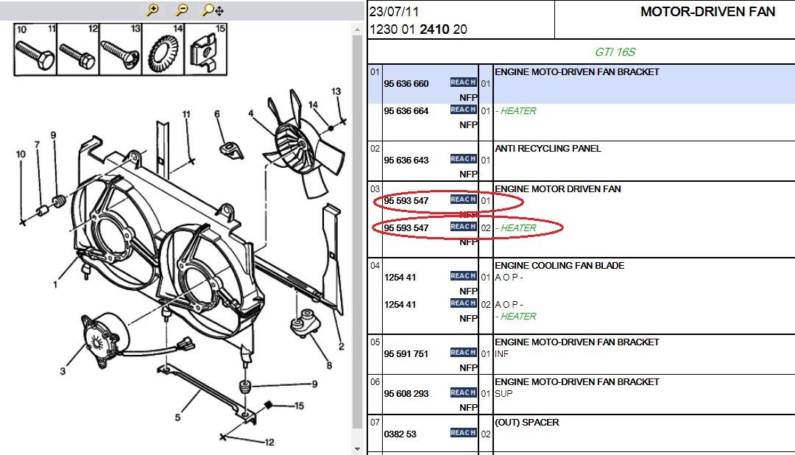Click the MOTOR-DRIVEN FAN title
tap(708, 12)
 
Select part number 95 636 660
tap(406, 84)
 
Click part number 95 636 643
tap(406, 161)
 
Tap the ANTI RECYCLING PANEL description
tap(548, 149)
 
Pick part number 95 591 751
tap(406, 354)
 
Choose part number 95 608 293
tap(406, 394)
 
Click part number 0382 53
tap(400, 434)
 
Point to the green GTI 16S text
tap(615, 52)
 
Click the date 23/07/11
tap(394, 11)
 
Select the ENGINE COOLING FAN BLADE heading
tap(559, 265)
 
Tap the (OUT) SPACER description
tap(527, 423)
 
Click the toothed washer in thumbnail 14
tap(163, 53)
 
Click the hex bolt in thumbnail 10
tap(35, 54)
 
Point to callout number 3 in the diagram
tap(63, 371)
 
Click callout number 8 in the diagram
tap(329, 365)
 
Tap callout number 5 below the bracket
tap(177, 417)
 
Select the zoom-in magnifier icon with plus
tap(152, 10)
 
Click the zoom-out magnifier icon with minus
tap(181, 10)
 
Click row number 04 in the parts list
tap(375, 265)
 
